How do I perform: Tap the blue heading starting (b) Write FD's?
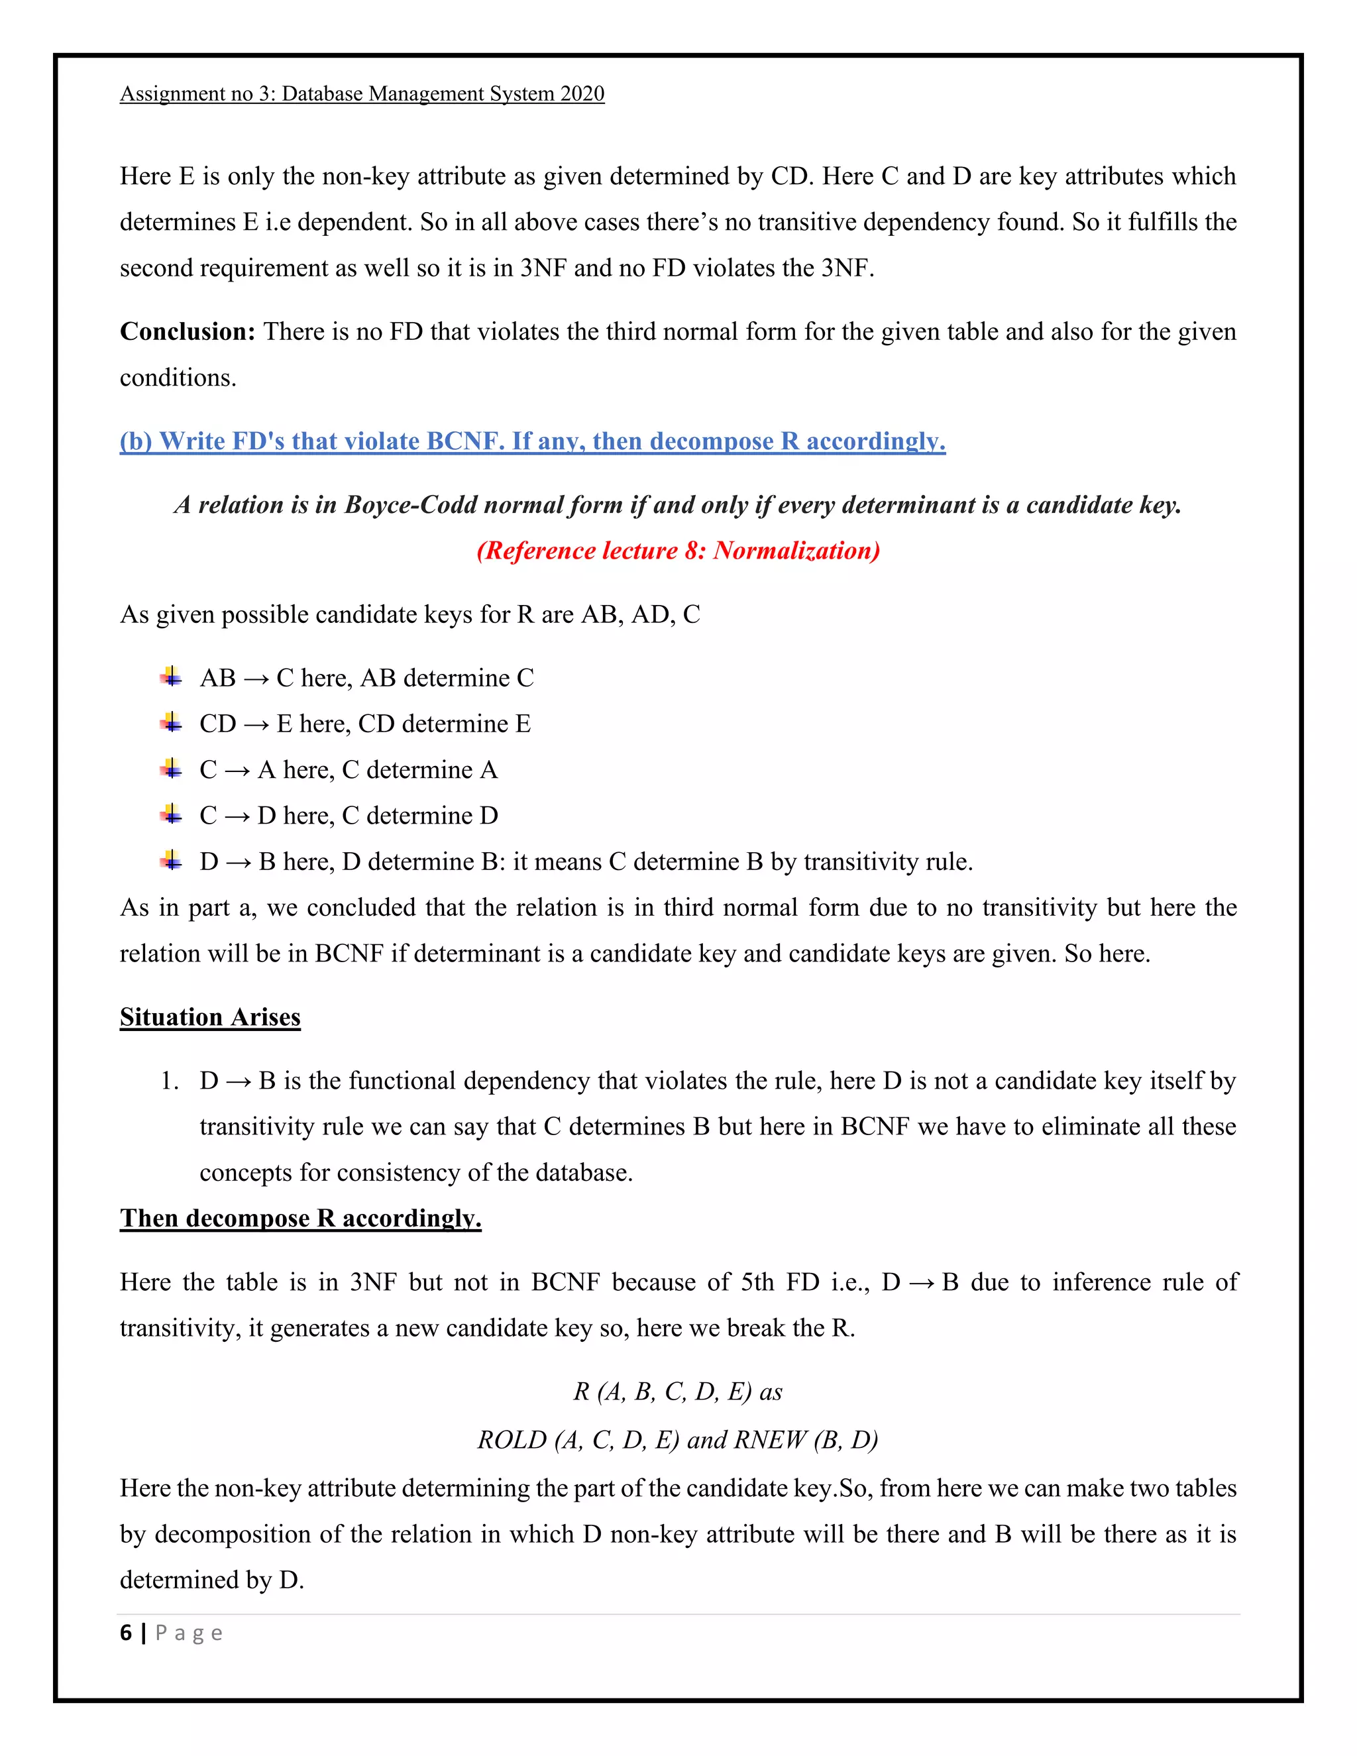(x=532, y=441)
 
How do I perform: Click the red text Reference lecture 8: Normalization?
(x=678, y=550)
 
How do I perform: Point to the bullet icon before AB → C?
(x=170, y=677)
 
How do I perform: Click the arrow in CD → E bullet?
(x=256, y=724)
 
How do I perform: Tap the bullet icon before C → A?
(x=170, y=769)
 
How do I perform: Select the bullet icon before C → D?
(x=170, y=815)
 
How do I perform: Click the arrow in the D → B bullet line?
(x=239, y=862)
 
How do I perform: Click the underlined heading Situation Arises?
(x=210, y=1017)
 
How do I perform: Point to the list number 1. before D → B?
(x=169, y=1081)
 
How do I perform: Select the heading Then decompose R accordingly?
(x=300, y=1218)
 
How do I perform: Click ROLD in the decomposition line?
(x=512, y=1439)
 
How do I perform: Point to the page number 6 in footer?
(x=125, y=1633)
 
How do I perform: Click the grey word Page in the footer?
(x=189, y=1633)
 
